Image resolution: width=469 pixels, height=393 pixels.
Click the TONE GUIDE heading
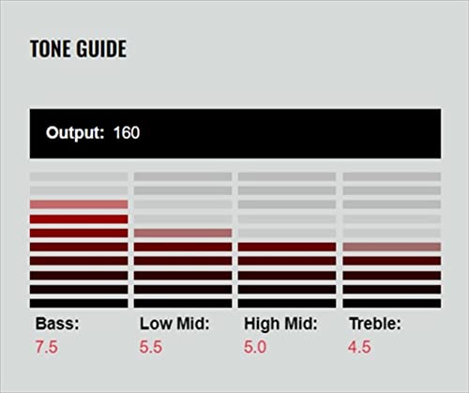pyautogui.click(x=78, y=49)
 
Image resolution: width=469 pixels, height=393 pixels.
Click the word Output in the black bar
pyautogui.click(x=74, y=133)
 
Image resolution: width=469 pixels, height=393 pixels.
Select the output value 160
pyautogui.click(x=126, y=133)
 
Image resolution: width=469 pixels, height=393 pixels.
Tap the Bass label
pyautogui.click(x=58, y=324)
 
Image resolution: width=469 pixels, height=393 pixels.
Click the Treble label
pyautogui.click(x=375, y=324)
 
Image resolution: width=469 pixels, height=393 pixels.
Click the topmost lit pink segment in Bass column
pyautogui.click(x=79, y=204)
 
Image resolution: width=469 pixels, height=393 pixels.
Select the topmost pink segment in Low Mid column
pyautogui.click(x=183, y=233)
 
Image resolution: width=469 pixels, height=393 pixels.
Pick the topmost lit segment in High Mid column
pyautogui.click(x=287, y=247)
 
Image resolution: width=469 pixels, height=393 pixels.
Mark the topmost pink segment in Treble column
pyautogui.click(x=391, y=247)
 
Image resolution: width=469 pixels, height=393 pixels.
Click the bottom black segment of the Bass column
pyautogui.click(x=79, y=303)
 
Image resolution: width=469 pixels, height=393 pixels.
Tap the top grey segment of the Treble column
pyautogui.click(x=391, y=176)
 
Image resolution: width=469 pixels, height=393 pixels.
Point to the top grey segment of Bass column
pyautogui.click(x=79, y=176)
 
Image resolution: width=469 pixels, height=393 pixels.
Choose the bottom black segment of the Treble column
pyautogui.click(x=391, y=303)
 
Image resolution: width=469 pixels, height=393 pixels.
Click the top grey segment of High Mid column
pyautogui.click(x=287, y=176)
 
